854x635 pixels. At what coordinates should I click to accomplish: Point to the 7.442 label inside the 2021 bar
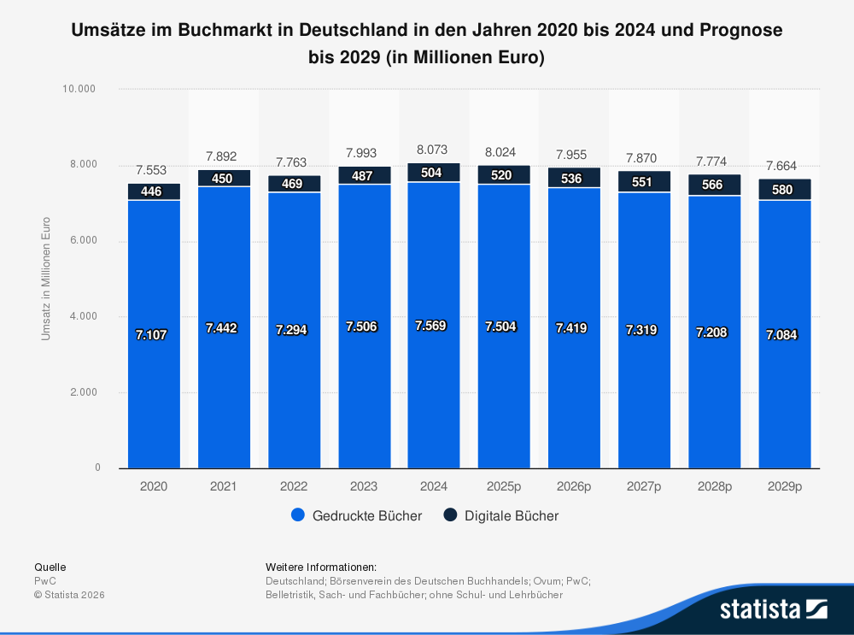[224, 327]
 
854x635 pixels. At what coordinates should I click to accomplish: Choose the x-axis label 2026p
[573, 486]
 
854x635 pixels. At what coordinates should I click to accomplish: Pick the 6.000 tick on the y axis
[86, 241]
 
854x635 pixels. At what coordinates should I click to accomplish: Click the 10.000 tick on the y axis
[83, 89]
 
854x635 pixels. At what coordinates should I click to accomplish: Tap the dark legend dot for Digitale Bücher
[450, 515]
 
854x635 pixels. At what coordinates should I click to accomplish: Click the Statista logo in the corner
[773, 609]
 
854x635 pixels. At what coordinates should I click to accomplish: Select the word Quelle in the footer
[50, 567]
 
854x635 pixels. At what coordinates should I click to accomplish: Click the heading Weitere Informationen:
[321, 567]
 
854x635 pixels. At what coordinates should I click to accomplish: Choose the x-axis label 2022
[294, 486]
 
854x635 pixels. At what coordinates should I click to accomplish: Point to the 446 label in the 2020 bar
[151, 191]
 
